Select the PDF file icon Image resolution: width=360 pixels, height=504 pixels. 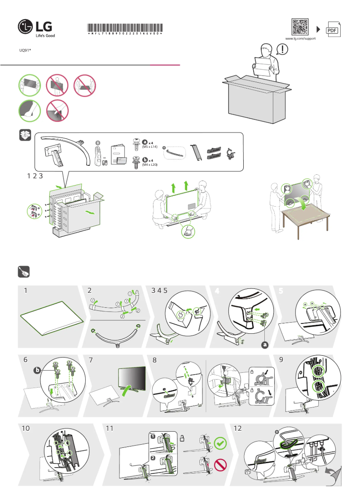pos(332,29)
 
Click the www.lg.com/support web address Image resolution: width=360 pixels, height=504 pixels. pos(300,39)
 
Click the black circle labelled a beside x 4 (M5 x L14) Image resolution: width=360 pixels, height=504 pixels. pos(145,142)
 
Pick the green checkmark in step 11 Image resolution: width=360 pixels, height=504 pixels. pos(220,442)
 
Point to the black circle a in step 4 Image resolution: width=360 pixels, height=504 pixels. pos(264,345)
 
